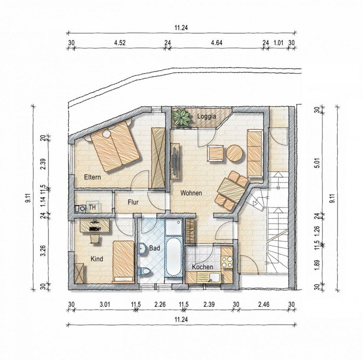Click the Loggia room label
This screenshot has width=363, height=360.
point(206,116)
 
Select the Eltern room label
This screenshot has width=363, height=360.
point(92,177)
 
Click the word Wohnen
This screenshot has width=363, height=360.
point(191,193)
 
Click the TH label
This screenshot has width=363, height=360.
point(92,207)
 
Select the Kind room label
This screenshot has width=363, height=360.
point(97,259)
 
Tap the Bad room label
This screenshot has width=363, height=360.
point(155,248)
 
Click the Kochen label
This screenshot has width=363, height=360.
point(202,267)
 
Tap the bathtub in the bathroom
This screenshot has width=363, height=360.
point(173,256)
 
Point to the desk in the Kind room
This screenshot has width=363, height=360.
point(95,226)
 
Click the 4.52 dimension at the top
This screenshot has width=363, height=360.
point(120,43)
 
